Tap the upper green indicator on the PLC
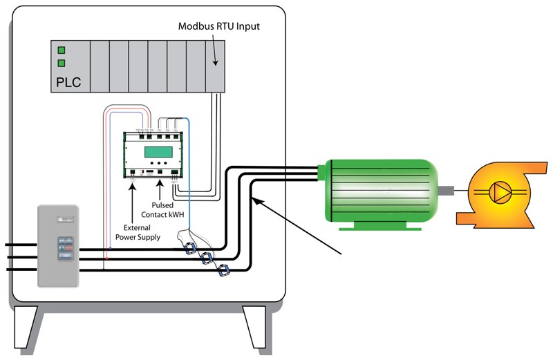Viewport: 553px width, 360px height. (62, 50)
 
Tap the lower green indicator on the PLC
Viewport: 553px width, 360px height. (62, 64)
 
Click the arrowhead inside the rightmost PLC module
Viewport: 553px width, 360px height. (215, 62)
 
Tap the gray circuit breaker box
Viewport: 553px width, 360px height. (58, 245)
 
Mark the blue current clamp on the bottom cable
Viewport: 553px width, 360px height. (223, 271)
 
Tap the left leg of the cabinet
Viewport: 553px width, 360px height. (29, 328)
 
